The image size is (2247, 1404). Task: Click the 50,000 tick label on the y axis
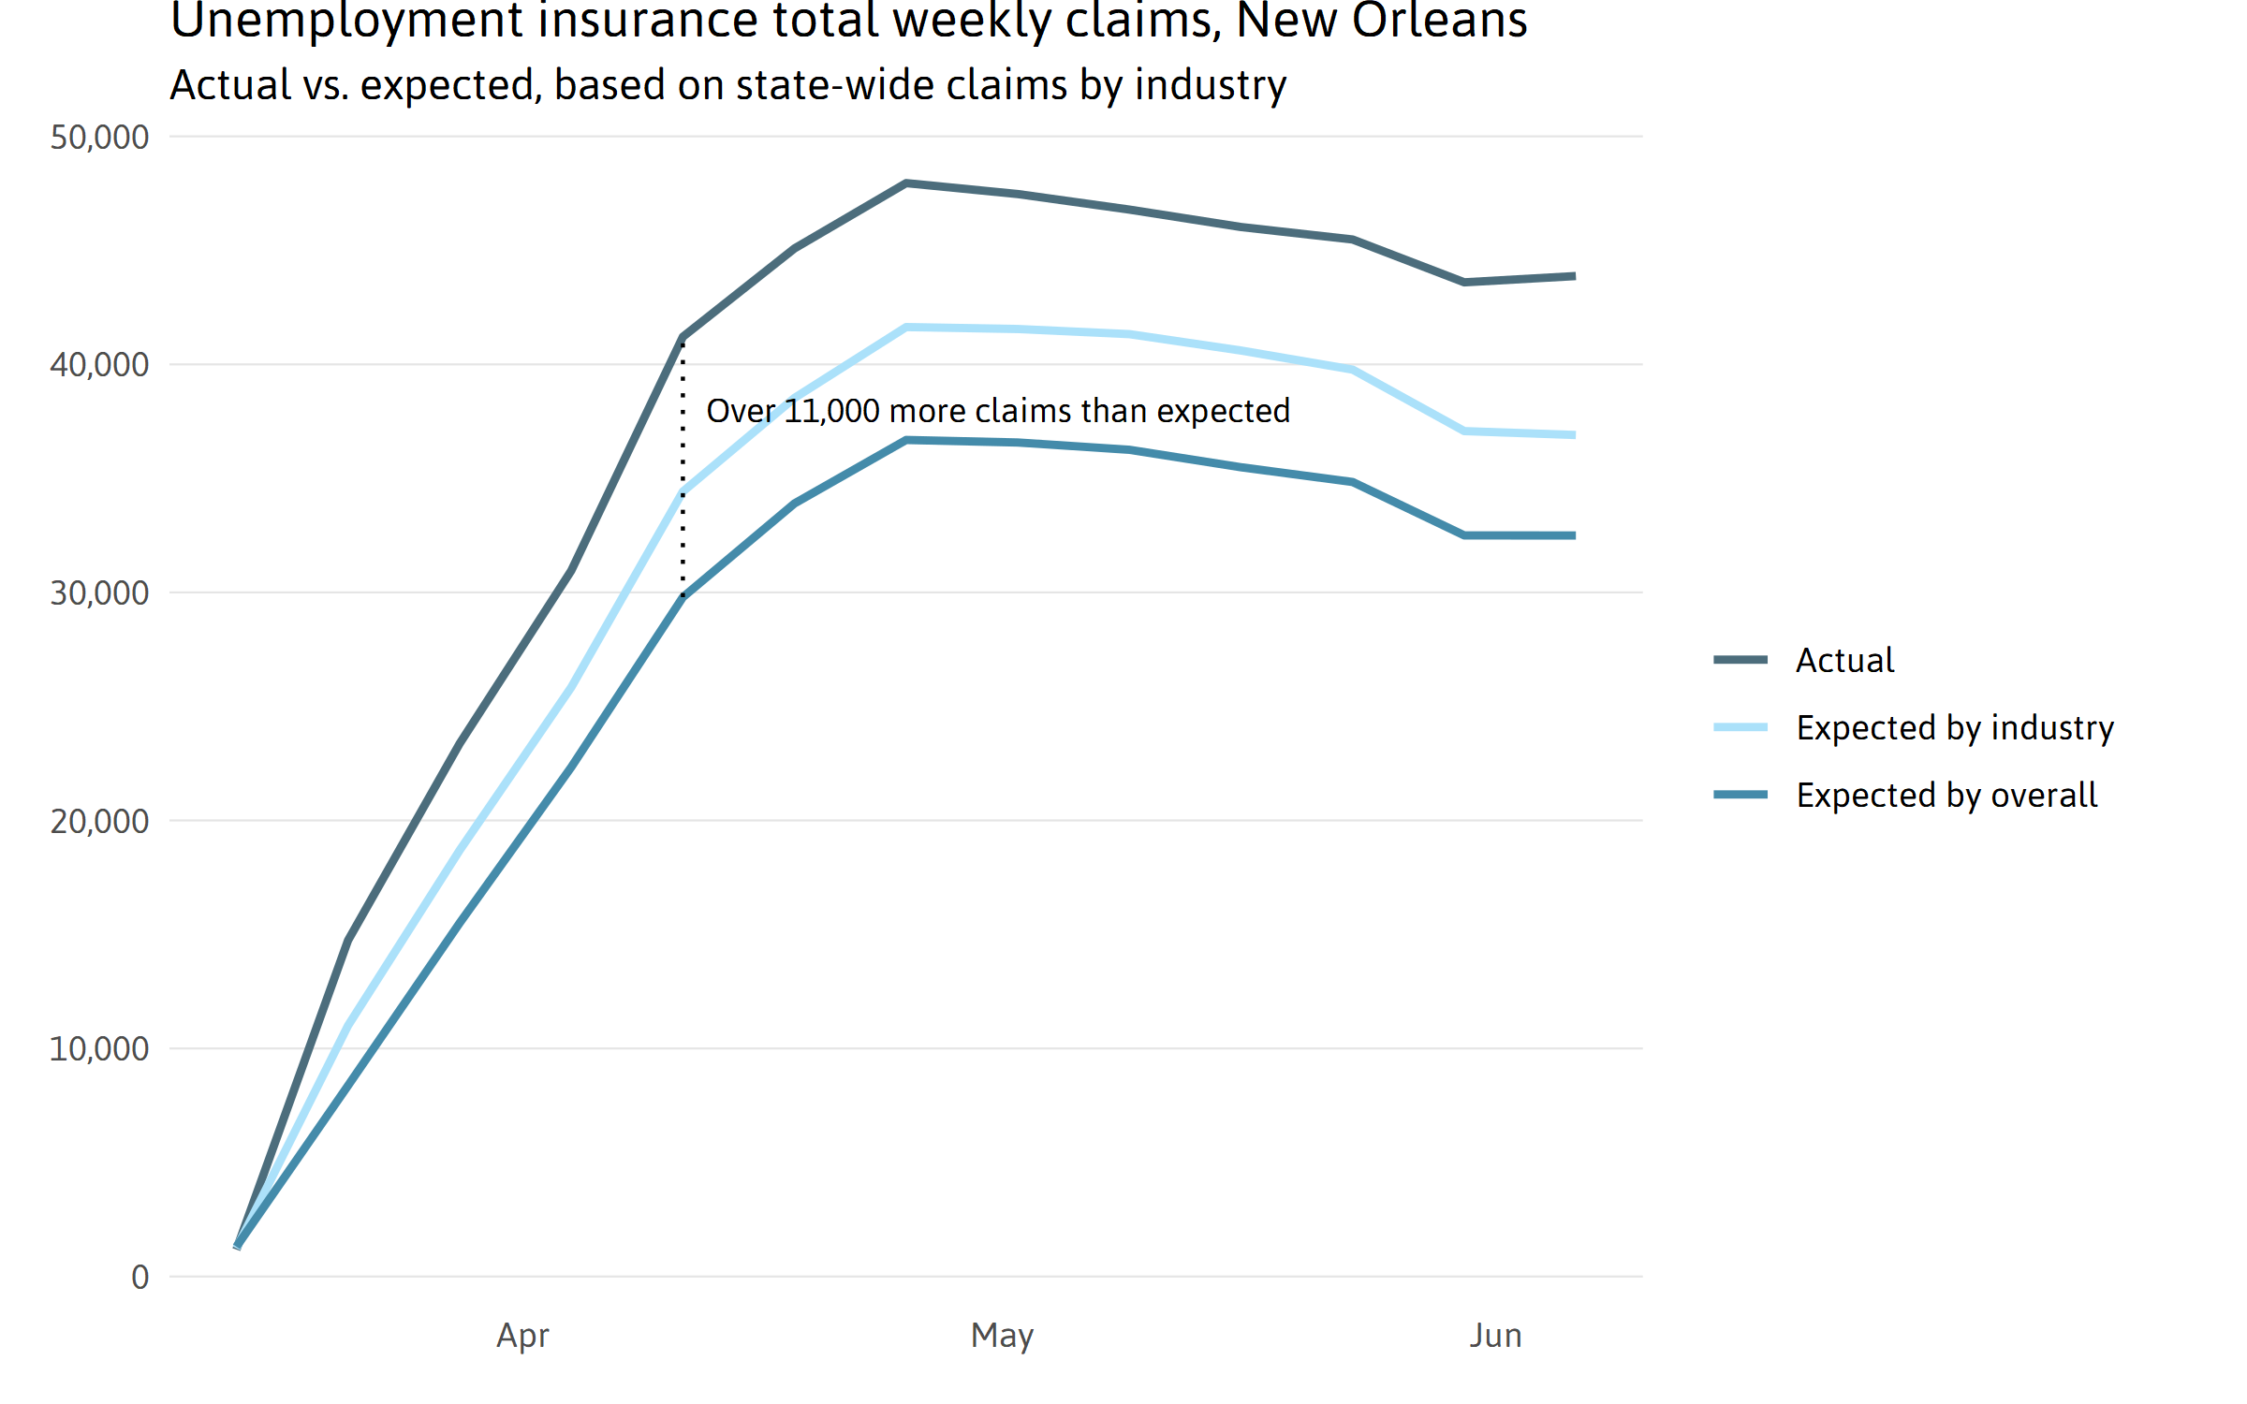click(x=99, y=138)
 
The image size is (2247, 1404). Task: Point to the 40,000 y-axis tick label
click(x=99, y=365)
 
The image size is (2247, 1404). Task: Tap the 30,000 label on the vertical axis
click(x=99, y=593)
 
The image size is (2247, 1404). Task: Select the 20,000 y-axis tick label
click(x=99, y=822)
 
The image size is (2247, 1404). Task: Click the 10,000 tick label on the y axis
click(x=99, y=1049)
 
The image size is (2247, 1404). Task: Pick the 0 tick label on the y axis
click(x=140, y=1278)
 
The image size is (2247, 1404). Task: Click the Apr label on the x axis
click(x=522, y=1336)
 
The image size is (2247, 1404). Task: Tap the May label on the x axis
click(x=1002, y=1336)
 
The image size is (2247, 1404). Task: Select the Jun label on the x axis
click(x=1495, y=1336)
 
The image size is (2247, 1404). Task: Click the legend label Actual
click(x=1844, y=661)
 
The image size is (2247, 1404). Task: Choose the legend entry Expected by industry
click(x=1954, y=728)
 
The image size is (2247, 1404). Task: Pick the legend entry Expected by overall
click(x=1946, y=796)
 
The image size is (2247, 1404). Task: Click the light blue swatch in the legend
click(x=1740, y=727)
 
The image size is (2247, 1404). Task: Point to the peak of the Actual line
click(x=906, y=183)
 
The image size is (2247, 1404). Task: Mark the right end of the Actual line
click(x=1574, y=276)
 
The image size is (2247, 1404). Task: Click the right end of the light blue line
click(x=1574, y=435)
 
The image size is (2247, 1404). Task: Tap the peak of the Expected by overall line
click(x=906, y=440)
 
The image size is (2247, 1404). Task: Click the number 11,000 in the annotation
click(x=831, y=412)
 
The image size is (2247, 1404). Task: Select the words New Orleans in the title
click(x=1382, y=21)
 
